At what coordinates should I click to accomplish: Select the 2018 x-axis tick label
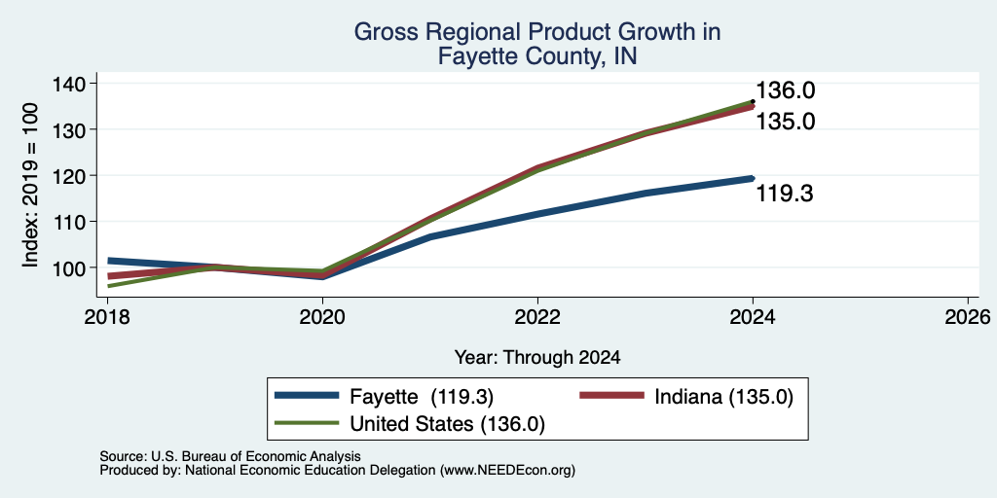[107, 316]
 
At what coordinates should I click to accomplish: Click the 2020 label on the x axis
[322, 316]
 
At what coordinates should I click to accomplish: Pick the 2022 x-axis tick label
[537, 316]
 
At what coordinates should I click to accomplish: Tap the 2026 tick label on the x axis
[968, 316]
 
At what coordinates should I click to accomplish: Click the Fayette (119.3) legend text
[422, 397]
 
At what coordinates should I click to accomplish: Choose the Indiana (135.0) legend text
[723, 397]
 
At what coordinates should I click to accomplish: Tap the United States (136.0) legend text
[447, 424]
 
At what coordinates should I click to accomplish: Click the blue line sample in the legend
[307, 396]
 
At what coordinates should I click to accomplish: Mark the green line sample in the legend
[307, 422]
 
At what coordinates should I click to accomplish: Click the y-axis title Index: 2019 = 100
[30, 185]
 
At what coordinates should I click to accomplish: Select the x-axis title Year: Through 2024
[537, 358]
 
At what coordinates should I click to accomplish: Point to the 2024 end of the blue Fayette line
[753, 179]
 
